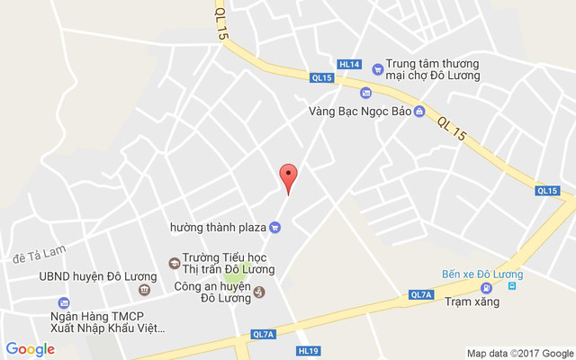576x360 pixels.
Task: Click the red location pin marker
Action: click(288, 177)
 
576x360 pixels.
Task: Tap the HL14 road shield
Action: click(349, 64)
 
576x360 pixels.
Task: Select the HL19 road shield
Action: click(308, 350)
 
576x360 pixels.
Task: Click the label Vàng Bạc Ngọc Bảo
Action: click(348, 112)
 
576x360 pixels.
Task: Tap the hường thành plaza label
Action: click(218, 227)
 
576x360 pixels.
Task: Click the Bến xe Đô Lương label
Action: click(482, 273)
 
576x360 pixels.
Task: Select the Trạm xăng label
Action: click(472, 301)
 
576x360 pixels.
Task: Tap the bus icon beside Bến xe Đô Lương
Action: click(512, 286)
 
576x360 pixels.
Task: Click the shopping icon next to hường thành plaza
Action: click(275, 227)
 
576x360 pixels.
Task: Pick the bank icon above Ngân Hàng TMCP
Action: click(63, 303)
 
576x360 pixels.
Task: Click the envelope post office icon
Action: click(365, 93)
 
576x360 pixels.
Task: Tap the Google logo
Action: click(31, 349)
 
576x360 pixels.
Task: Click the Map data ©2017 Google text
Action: click(519, 352)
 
